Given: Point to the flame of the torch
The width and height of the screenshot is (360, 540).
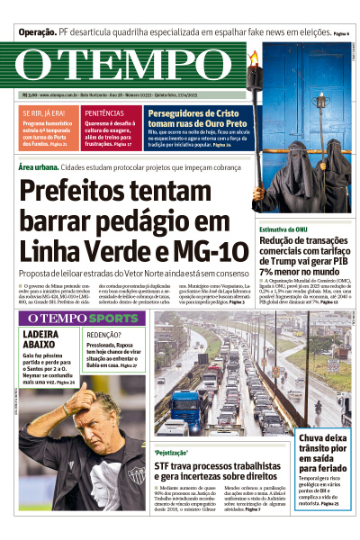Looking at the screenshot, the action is pyautogui.click(x=255, y=58).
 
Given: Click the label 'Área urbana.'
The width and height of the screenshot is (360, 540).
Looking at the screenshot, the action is pyautogui.click(x=40, y=166).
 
